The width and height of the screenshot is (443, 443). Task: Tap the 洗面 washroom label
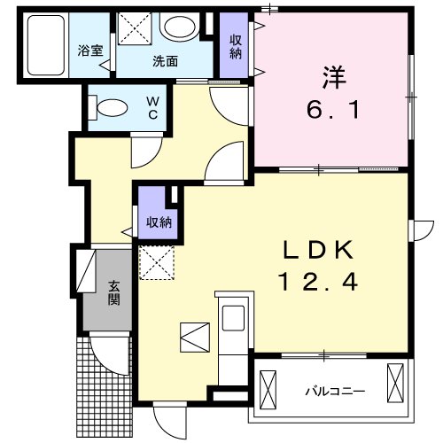pos(165,62)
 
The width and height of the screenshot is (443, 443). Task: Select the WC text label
pos(152,108)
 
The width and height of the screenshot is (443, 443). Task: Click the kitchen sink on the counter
pos(234,317)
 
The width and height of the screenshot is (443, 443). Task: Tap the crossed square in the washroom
pos(136,29)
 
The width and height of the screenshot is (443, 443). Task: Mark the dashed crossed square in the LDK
pos(156,262)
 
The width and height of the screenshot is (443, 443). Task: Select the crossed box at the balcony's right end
pos(396,387)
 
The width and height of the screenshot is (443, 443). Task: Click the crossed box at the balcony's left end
pos(268,387)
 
